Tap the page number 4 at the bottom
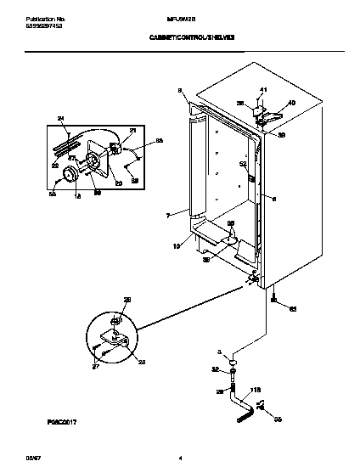coord(180,459)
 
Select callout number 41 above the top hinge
coord(263,90)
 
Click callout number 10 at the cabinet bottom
coord(177,246)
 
